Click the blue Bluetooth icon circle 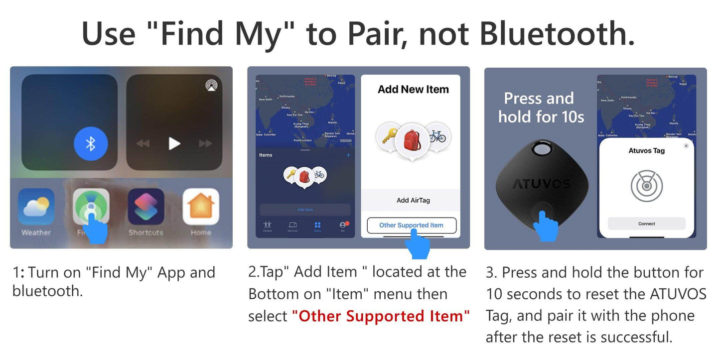pos(90,143)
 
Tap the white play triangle pos(174,143)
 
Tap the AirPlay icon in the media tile pos(211,85)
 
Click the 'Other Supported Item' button pos(411,225)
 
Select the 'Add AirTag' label pos(413,200)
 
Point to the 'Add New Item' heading pos(413,90)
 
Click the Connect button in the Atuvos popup pos(646,224)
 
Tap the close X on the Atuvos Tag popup pos(686,146)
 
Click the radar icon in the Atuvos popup pos(646,185)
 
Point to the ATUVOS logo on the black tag pos(541,184)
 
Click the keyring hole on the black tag pos(541,149)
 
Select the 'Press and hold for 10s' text pos(540,108)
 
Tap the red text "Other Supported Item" pos(381,316)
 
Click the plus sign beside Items pos(348,155)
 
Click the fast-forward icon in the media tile pos(205,143)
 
